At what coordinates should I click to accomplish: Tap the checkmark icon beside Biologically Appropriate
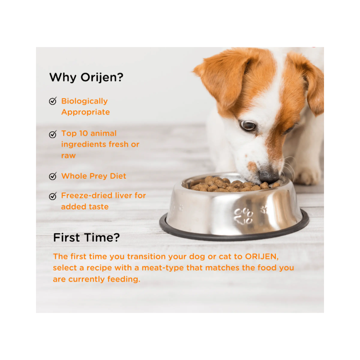click(x=53, y=101)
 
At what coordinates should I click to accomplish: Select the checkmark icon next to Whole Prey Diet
click(x=53, y=176)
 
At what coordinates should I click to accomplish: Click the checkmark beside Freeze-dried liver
click(x=53, y=196)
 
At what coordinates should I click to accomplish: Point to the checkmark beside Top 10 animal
click(x=53, y=134)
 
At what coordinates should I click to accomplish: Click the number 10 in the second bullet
click(x=84, y=134)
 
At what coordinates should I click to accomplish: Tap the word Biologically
click(x=85, y=101)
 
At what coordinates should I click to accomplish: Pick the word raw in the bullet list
click(x=68, y=156)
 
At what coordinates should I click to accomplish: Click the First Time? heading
click(x=86, y=237)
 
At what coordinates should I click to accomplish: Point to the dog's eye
click(x=248, y=125)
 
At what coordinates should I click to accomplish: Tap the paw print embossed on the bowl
click(x=243, y=216)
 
